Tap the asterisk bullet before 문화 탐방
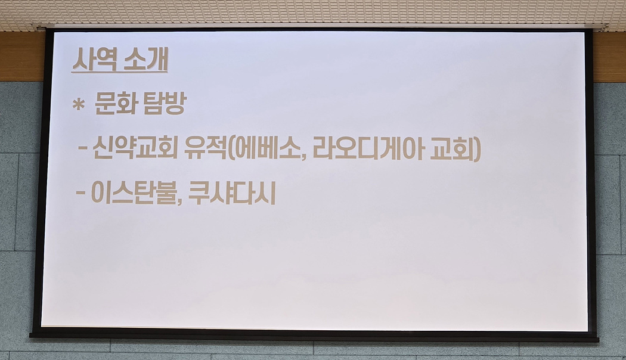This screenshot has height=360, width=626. pos(79,104)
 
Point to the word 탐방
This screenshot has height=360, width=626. pos(164,104)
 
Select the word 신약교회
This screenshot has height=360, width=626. pos(135,148)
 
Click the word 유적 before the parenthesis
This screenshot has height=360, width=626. pos(206,148)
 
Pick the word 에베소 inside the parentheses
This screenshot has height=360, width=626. pos(266,148)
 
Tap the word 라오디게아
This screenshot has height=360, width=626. pos(367,148)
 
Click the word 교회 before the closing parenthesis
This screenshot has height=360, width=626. pos(451,148)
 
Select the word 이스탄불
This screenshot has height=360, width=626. pos(134,193)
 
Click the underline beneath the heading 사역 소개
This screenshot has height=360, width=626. pos(120,72)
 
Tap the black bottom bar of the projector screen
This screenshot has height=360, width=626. pos(314,336)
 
